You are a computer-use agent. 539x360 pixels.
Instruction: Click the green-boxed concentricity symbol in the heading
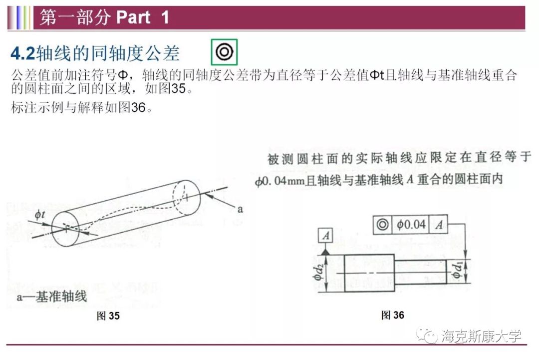[224, 52]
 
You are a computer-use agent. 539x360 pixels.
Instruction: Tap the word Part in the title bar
[133, 17]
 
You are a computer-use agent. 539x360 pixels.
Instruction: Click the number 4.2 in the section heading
[23, 53]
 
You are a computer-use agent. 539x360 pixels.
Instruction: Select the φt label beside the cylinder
[40, 215]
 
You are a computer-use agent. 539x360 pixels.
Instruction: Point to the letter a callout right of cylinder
[240, 209]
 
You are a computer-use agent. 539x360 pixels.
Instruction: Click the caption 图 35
[108, 316]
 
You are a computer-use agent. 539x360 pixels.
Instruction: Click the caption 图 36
[393, 315]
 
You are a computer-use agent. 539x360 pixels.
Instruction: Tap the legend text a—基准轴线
[51, 297]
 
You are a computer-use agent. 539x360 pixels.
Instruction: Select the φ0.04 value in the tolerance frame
[411, 225]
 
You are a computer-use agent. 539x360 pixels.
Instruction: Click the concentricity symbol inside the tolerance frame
[383, 225]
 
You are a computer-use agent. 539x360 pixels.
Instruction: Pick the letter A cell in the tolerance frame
[439, 225]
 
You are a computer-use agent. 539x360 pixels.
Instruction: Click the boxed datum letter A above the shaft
[325, 236]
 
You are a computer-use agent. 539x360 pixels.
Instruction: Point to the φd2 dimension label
[318, 272]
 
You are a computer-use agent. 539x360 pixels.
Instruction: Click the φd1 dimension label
[457, 270]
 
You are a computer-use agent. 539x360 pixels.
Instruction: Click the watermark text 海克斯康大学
[481, 336]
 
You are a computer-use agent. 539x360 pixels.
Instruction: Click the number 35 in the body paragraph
[178, 89]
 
